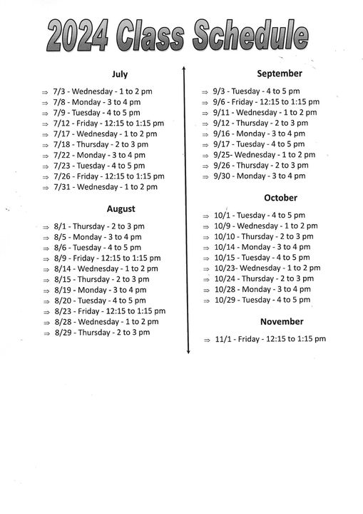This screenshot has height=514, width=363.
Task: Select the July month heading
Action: click(120, 74)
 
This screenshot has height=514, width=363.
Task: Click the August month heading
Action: click(121, 208)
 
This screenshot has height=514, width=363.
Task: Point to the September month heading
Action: click(280, 73)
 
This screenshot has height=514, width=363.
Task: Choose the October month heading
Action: click(280, 197)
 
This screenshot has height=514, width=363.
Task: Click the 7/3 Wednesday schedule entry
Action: click(103, 91)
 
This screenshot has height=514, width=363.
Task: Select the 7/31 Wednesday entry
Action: click(106, 187)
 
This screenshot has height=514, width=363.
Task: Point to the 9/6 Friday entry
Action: click(266, 101)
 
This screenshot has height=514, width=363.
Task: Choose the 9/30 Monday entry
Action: click(260, 176)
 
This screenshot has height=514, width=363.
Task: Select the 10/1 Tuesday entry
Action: click(260, 215)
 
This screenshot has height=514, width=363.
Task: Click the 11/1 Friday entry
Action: click(270, 339)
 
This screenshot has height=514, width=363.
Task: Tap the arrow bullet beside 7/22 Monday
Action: click(45, 156)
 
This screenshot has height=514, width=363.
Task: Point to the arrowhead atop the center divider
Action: click(184, 69)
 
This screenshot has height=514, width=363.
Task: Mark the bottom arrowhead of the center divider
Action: click(188, 351)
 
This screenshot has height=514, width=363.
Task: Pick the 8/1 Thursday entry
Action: click(99, 226)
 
